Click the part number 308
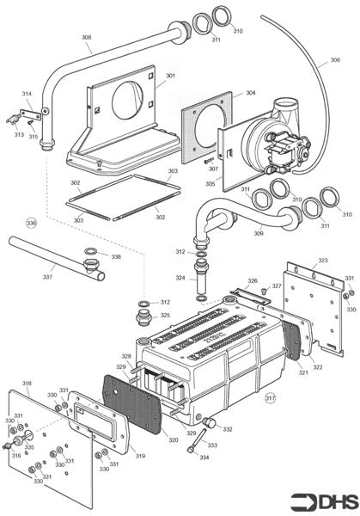(x=86, y=38)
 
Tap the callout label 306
(x=334, y=61)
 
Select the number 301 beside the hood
(x=170, y=76)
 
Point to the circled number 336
(x=32, y=224)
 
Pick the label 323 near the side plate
(x=322, y=260)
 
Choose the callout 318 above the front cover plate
(x=27, y=384)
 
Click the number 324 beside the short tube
(x=180, y=278)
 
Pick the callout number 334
(x=203, y=458)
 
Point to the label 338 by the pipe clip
(x=116, y=257)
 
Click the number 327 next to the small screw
(x=277, y=286)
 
